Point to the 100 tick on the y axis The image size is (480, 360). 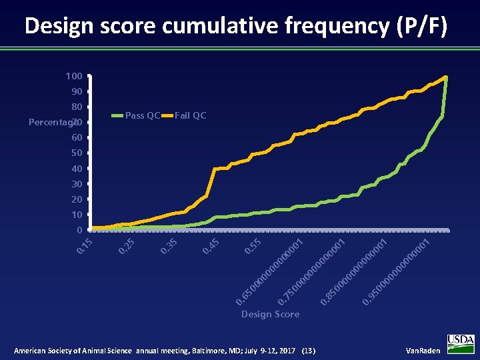point(74,76)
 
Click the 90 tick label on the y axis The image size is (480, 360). point(77,91)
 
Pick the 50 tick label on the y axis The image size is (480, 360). point(77,153)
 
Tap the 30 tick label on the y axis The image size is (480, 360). point(77,184)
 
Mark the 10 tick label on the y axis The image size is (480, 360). point(77,215)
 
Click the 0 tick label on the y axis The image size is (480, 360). point(79,230)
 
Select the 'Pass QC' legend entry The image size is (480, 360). point(143,115)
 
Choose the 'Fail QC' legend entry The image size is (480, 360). point(191,115)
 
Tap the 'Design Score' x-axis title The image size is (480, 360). point(270,314)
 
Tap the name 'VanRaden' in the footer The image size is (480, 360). point(423,351)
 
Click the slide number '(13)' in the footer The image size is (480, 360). point(309,351)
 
